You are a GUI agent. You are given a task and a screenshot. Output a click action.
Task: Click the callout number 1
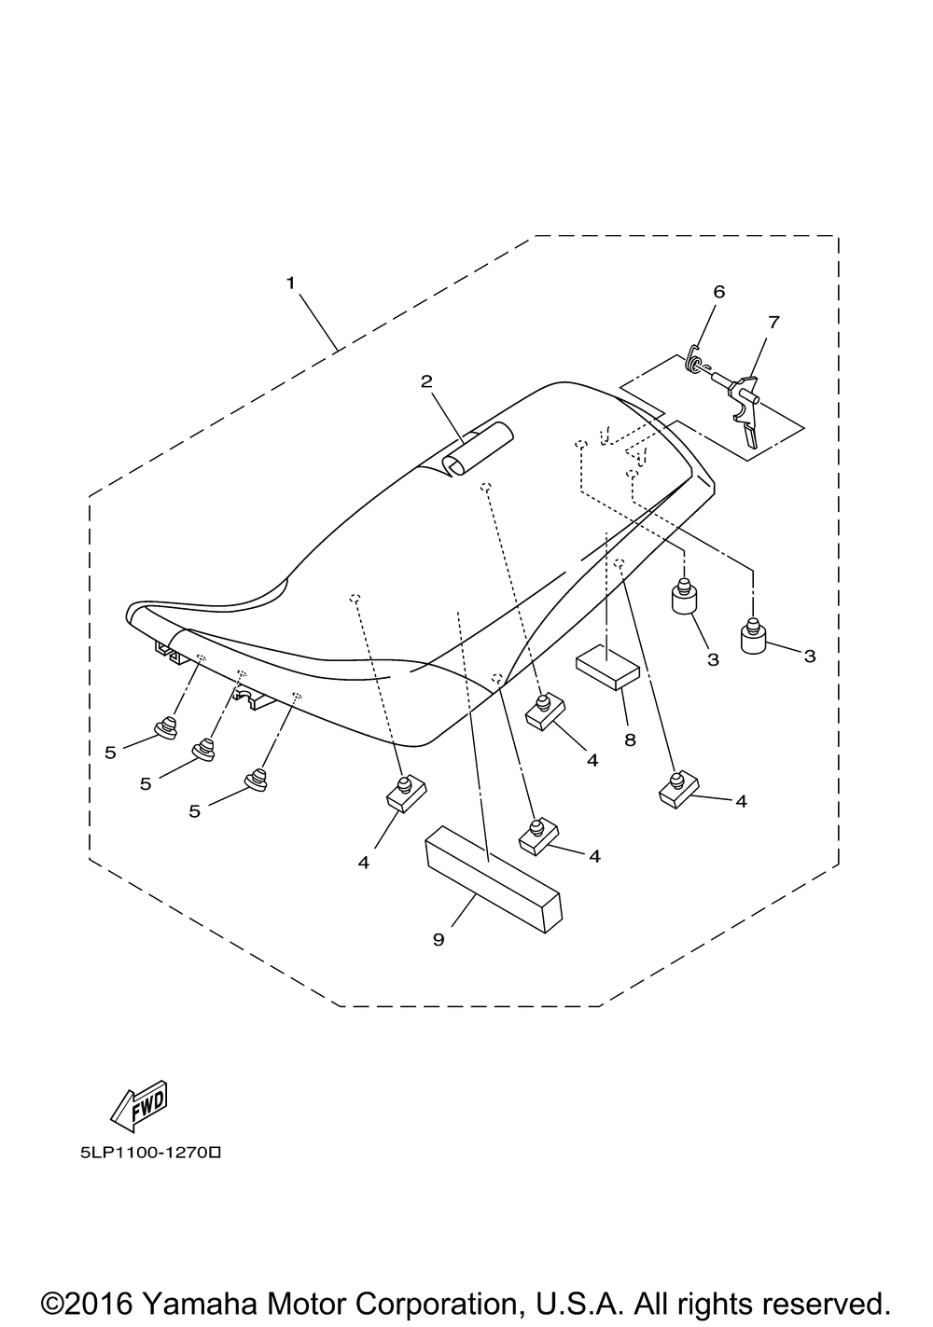290,283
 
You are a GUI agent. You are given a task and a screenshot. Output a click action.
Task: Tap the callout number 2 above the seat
426,381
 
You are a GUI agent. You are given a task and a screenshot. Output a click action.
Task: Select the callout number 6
719,292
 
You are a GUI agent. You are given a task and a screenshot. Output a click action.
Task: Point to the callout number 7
773,323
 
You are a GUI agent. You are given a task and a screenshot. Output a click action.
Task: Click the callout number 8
630,740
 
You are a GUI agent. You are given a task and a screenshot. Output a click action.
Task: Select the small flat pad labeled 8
608,669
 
